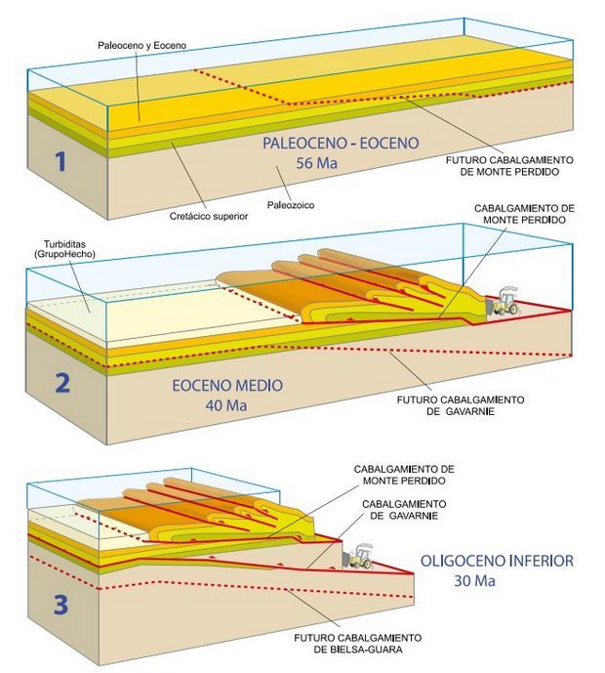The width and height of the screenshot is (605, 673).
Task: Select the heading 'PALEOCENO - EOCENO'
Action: (341, 144)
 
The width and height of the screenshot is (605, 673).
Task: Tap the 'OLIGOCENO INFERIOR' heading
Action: (497, 562)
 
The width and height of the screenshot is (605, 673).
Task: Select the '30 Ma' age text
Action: (474, 582)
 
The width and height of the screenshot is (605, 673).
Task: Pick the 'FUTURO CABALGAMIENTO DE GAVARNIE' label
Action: (463, 405)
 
